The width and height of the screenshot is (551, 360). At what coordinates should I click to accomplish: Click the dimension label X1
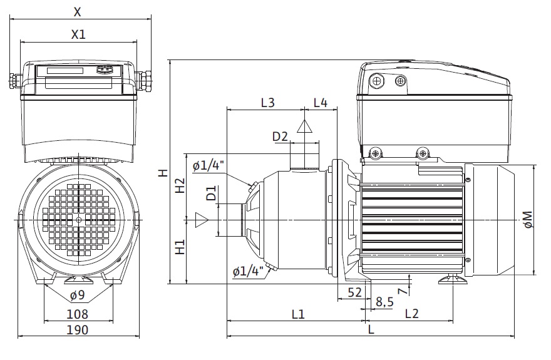coord(78,35)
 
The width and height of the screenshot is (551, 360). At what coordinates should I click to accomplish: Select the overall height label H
coord(162,172)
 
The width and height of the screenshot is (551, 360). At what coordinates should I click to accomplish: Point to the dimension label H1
coord(180,247)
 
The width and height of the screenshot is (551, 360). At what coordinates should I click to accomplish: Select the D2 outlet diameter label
coord(279,136)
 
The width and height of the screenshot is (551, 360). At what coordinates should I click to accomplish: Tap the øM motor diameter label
coord(528,220)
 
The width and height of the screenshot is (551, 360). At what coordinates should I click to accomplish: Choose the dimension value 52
coord(354,292)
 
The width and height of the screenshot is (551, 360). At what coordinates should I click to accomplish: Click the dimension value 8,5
coord(384,302)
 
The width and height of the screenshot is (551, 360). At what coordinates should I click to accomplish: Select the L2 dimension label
coord(412,314)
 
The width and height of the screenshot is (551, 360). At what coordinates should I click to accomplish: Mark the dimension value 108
coord(78,314)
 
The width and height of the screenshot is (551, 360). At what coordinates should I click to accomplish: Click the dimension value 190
coord(78,330)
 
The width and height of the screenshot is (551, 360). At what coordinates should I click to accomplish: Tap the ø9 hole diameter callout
coord(78,295)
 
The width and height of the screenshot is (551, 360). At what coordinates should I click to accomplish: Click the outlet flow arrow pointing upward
coord(304,126)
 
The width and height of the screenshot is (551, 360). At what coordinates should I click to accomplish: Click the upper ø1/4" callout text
coord(209,166)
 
